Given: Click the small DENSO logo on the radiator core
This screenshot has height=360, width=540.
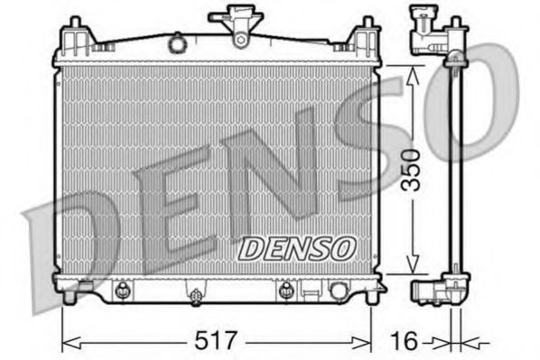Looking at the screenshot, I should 297,246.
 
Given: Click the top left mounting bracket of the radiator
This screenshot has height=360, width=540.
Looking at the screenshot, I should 74,41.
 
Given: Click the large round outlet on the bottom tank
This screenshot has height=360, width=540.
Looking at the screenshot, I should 339,291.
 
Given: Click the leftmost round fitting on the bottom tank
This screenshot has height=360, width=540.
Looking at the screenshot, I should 120,289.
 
